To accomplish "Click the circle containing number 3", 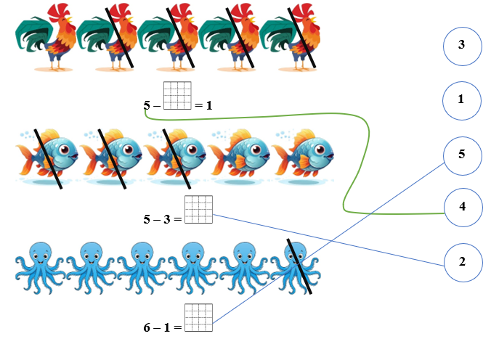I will pos(462,45).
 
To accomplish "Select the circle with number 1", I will pos(462,99).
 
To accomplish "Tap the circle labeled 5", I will pos(462,155).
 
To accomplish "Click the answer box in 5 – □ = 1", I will pos(177,96).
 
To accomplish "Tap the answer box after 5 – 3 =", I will pos(198,209).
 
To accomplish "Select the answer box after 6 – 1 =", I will pos(198,317).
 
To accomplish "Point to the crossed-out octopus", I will pos(295,265).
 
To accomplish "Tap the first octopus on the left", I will pos(39,265).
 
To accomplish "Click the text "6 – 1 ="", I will pos(163,327).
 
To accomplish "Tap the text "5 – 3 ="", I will pos(163,218).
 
